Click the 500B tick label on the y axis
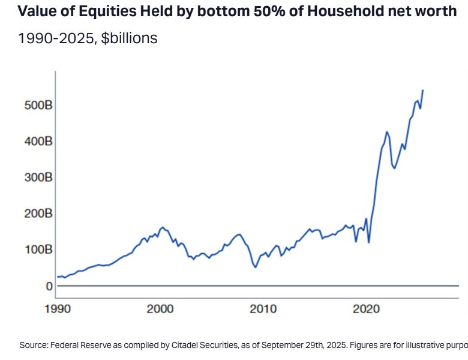pos(38,105)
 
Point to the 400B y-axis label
pos(38,141)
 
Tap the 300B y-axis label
pos(38,178)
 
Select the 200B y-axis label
pos(38,214)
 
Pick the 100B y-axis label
pos(38,249)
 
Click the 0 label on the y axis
pos(49,286)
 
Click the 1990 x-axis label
pos(58,309)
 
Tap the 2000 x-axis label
pos(160,309)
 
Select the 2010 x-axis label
pos(263,309)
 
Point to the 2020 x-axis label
pos(366,309)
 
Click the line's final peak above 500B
pos(423,90)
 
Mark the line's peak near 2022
pos(387,131)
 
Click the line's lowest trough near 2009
pos(256,267)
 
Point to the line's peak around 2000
pos(163,227)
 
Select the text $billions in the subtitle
pos(129,38)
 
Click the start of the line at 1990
pos(58,277)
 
